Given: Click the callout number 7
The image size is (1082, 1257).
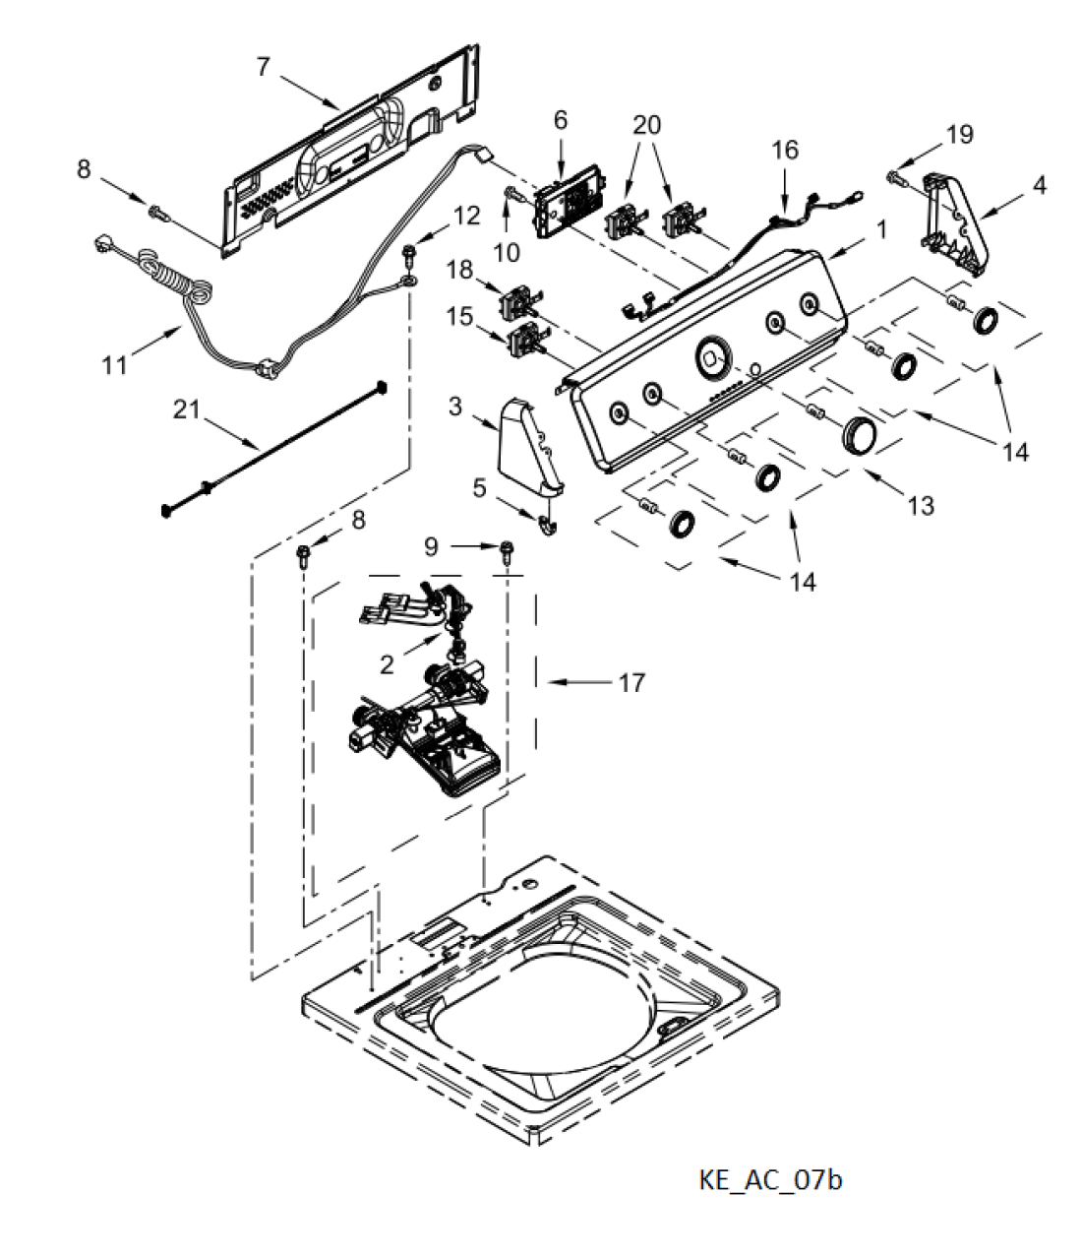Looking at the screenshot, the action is [x=263, y=67].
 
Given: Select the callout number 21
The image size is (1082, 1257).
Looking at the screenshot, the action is [x=186, y=409].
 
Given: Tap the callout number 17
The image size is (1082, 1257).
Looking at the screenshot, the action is [x=631, y=683].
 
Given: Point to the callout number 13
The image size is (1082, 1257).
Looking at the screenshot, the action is [x=921, y=505].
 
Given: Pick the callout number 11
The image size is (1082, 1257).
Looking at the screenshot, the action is [x=114, y=366].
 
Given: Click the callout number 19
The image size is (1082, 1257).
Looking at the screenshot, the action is [x=960, y=134].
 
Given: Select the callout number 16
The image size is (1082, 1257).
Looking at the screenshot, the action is [x=785, y=150].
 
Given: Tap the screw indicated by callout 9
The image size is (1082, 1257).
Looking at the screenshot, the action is [x=505, y=552].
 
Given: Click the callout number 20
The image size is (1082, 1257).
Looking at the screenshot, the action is [x=647, y=125].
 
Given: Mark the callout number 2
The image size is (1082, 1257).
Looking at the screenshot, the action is [x=387, y=665].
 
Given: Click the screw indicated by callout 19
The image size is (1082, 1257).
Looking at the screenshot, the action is [x=895, y=178].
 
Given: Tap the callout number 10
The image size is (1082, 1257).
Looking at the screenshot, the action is [x=507, y=252].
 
